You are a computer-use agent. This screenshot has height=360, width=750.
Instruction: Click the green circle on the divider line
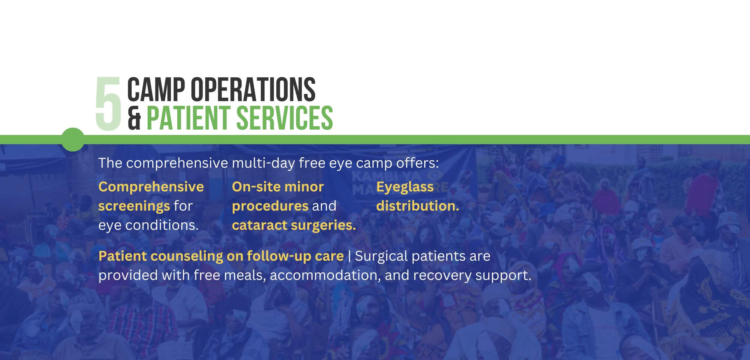[x=73, y=139]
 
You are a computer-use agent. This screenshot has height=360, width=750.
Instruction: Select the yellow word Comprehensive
[x=151, y=187]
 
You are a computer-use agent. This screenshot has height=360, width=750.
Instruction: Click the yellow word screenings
[x=134, y=206]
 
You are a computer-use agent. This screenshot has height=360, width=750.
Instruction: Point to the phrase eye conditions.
[x=148, y=225]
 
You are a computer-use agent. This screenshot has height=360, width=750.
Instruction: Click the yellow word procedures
[x=270, y=206]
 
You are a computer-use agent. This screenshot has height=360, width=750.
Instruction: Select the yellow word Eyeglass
[x=405, y=187]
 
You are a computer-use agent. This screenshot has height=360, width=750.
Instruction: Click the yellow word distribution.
[x=417, y=206]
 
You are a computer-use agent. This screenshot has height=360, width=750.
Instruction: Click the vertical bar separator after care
[x=349, y=256]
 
